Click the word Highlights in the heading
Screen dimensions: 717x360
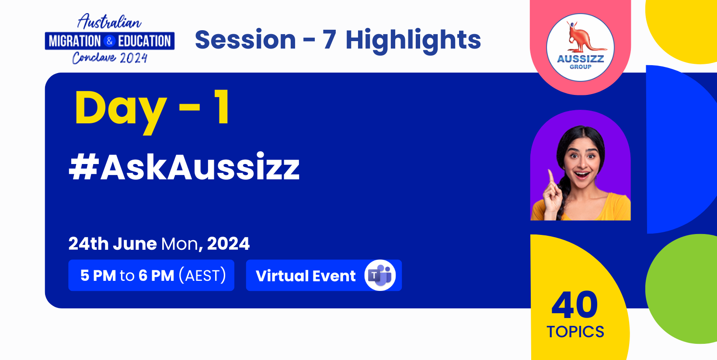pyautogui.click(x=413, y=41)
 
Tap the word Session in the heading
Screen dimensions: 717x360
pyautogui.click(x=245, y=40)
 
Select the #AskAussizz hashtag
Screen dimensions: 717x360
pyautogui.click(x=184, y=167)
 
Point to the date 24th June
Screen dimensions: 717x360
pyautogui.click(x=112, y=244)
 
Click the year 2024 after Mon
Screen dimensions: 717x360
pyautogui.click(x=228, y=244)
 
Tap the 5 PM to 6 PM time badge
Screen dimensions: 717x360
pyautogui.click(x=151, y=276)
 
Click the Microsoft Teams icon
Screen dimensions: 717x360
pyautogui.click(x=380, y=276)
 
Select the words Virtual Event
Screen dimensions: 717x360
pyautogui.click(x=306, y=276)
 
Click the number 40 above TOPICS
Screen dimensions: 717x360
pyautogui.click(x=574, y=305)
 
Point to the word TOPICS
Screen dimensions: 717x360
pyautogui.click(x=575, y=332)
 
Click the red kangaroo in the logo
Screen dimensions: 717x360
pyautogui.click(x=582, y=37)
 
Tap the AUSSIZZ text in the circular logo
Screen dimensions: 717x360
pyautogui.click(x=580, y=59)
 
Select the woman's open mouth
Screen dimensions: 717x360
pyautogui.click(x=582, y=175)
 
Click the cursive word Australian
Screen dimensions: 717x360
pyautogui.click(x=109, y=22)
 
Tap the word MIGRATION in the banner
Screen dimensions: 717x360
pyautogui.click(x=75, y=41)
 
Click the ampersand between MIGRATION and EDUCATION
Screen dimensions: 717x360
pyautogui.click(x=109, y=41)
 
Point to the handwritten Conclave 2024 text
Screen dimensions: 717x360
pyautogui.click(x=110, y=58)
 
